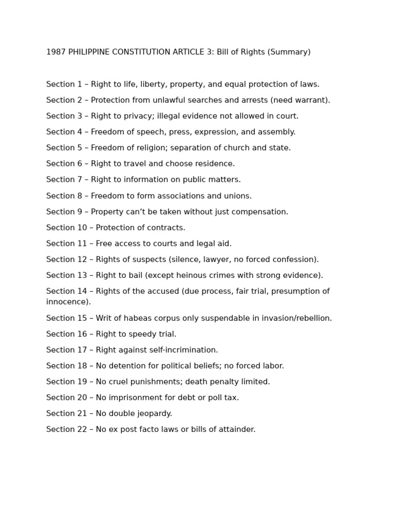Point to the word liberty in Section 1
click(152, 84)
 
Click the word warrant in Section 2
click(313, 100)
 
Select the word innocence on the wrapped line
click(68, 302)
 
